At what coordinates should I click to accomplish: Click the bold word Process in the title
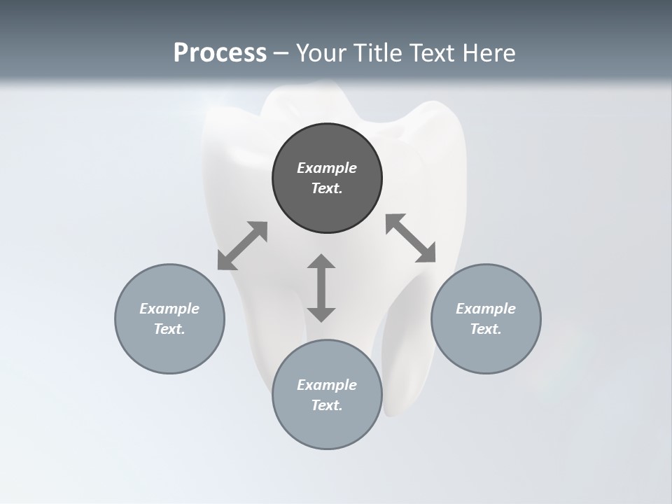click(220, 53)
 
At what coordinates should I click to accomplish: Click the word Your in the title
click(322, 53)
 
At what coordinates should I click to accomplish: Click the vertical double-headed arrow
click(321, 288)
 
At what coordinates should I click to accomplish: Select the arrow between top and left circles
click(242, 246)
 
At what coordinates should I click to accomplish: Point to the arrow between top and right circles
click(410, 238)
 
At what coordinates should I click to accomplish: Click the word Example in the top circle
click(327, 168)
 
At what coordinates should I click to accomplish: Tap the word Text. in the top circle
click(327, 188)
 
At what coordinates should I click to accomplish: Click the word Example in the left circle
click(169, 309)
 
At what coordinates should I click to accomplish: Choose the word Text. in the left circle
click(169, 329)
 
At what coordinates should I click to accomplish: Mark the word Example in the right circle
click(486, 309)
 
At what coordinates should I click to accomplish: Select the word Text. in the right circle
click(486, 329)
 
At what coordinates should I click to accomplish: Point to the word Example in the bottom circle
click(327, 385)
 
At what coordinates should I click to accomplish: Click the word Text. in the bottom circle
click(327, 405)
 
